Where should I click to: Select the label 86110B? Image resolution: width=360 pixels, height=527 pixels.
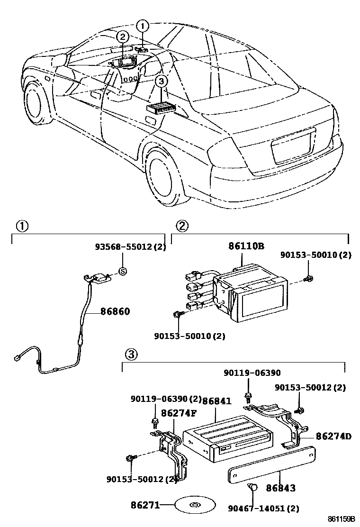point(246,246)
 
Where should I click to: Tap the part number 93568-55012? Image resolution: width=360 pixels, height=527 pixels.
point(123,246)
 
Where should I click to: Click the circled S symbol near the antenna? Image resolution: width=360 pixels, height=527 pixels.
point(122,271)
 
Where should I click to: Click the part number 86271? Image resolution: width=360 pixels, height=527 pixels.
point(144,505)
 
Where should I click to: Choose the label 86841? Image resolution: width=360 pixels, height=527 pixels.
point(216,401)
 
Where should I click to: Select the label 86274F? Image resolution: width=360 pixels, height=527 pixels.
point(179,412)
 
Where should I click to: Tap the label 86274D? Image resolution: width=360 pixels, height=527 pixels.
point(333,436)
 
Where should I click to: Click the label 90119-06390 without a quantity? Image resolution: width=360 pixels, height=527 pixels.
point(252,373)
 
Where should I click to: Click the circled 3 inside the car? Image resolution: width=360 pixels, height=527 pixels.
point(161,82)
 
